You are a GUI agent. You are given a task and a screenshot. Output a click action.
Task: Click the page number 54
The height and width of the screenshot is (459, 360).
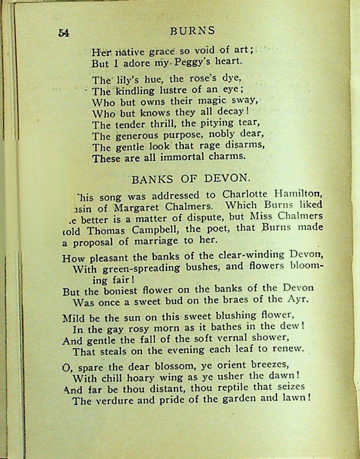pyautogui.click(x=64, y=33)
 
